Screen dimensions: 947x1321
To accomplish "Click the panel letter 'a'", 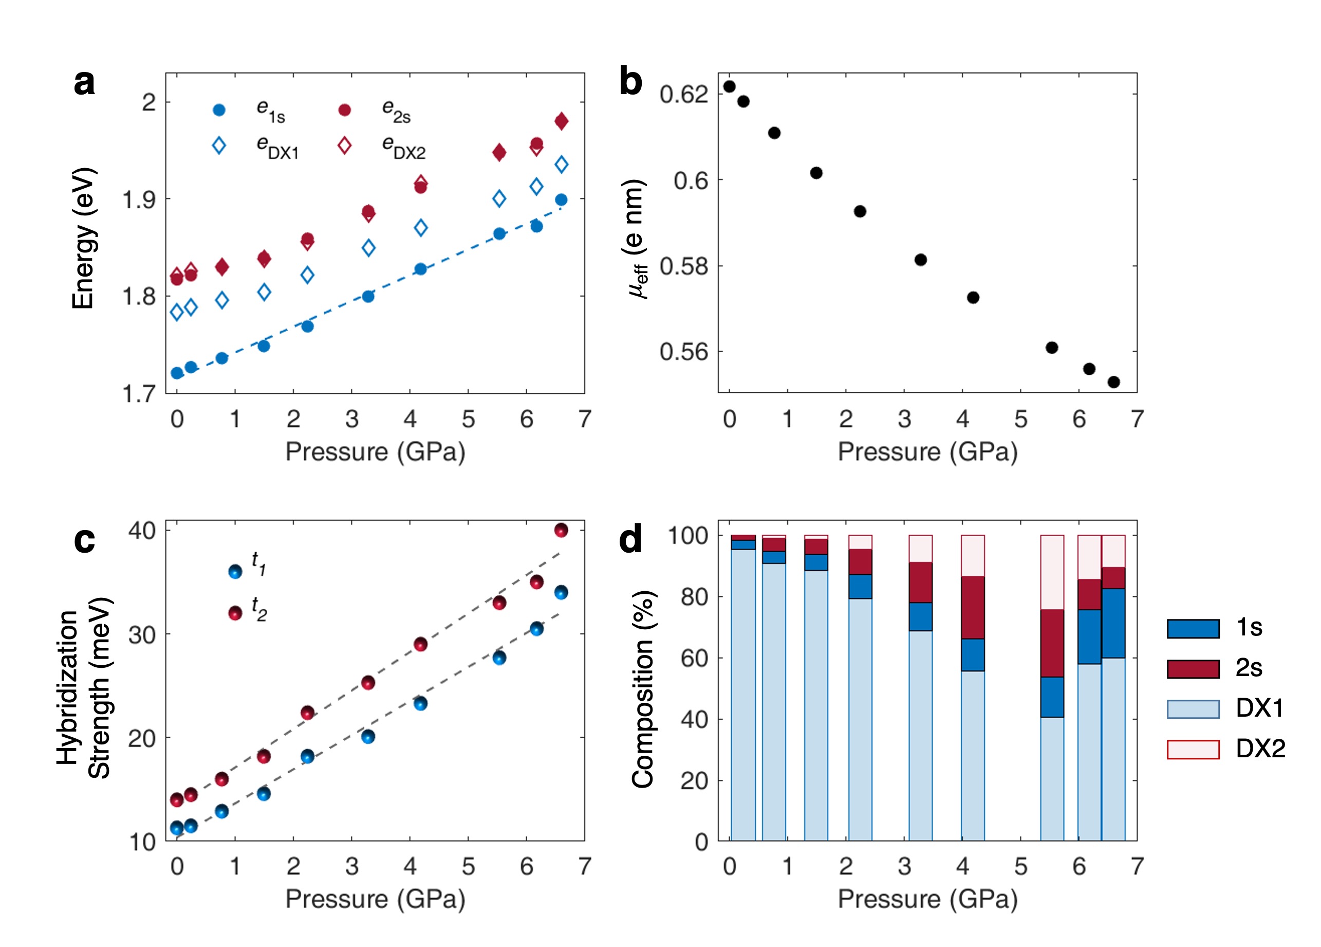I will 84,83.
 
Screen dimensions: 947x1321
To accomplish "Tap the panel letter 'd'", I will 630,539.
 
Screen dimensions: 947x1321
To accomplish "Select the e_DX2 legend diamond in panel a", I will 344,145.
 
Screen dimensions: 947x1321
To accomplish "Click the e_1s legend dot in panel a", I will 219,110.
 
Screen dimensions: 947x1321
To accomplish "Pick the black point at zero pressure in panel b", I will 729,87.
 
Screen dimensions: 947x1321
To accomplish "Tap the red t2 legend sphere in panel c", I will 235,613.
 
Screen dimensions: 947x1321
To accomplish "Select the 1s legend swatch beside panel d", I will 1193,629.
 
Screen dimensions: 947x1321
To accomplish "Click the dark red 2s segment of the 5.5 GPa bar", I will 1052,643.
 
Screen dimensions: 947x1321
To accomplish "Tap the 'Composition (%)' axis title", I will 643,689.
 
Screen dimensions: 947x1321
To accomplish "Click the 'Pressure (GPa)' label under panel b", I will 927,451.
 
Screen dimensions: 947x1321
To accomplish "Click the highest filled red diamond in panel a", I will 562,121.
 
